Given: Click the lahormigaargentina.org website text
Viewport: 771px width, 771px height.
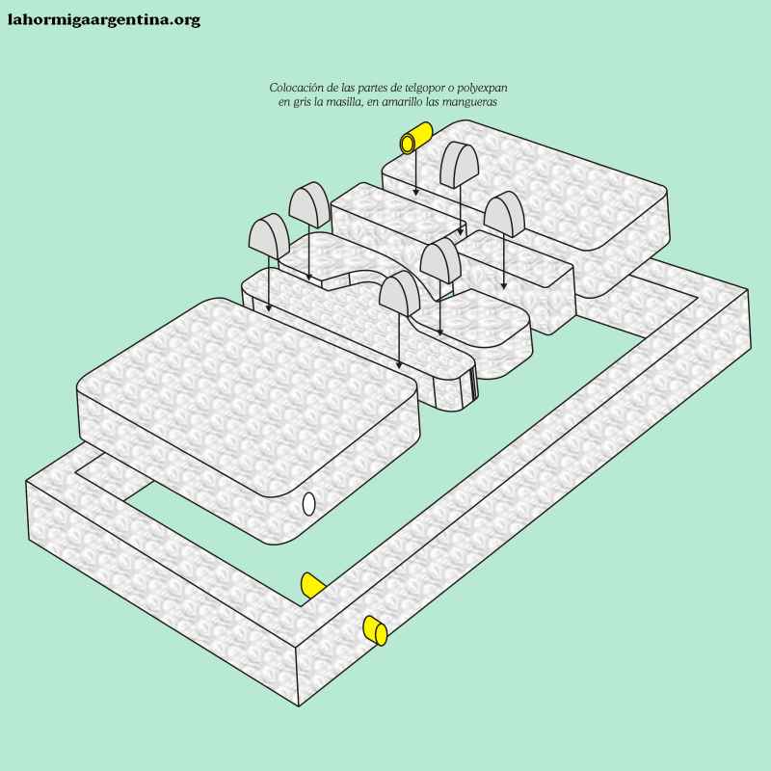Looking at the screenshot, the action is (104, 20).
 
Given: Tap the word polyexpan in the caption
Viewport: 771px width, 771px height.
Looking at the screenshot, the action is (483, 89).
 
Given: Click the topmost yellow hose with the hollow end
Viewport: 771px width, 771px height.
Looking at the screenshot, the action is (416, 138).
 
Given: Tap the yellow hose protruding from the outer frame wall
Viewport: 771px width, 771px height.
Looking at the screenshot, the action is (375, 631).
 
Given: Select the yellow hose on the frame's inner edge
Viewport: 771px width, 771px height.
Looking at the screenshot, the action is (311, 585).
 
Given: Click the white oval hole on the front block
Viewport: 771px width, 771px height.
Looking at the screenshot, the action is (308, 504).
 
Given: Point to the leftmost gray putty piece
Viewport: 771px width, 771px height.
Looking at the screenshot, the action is (270, 236).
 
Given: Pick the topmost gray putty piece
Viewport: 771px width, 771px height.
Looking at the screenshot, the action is (460, 164).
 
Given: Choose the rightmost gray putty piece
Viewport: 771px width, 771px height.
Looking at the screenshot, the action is (504, 214).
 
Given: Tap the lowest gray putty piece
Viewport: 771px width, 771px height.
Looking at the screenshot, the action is (400, 294).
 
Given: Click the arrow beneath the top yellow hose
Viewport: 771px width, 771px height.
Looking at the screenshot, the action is (415, 174).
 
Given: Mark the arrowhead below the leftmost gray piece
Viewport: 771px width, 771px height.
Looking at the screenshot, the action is (269, 308).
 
